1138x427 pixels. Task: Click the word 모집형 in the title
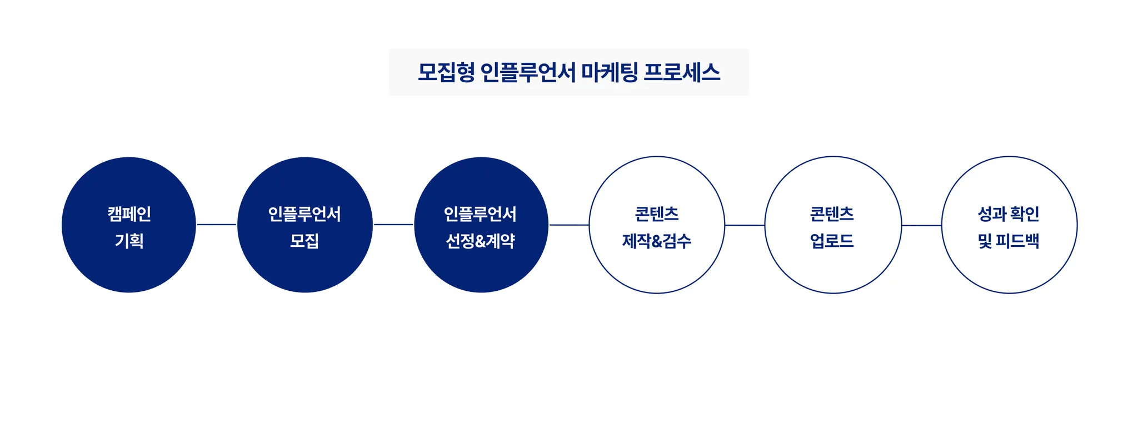(x=446, y=72)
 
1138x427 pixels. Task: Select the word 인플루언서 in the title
(x=527, y=72)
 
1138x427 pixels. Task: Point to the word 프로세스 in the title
(x=681, y=72)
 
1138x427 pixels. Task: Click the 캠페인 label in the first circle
(x=129, y=214)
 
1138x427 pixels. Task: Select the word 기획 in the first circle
(x=129, y=241)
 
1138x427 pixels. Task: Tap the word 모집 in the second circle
(x=305, y=241)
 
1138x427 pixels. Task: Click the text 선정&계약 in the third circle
(x=481, y=241)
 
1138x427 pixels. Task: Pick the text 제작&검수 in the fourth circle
(x=656, y=241)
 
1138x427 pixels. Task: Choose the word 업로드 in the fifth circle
(x=832, y=241)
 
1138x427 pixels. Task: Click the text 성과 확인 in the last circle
(x=1009, y=214)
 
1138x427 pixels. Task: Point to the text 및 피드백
(x=1009, y=241)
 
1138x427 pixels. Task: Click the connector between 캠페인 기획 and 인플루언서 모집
(x=217, y=225)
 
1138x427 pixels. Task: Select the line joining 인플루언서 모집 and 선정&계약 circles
(x=393, y=225)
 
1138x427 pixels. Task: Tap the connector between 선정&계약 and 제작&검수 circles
(x=569, y=225)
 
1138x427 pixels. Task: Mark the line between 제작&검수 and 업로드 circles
(x=745, y=225)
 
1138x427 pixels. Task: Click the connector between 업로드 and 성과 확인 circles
(x=921, y=225)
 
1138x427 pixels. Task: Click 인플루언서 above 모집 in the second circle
(x=305, y=214)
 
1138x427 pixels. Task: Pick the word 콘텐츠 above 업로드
(x=832, y=214)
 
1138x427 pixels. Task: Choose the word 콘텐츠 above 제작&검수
(x=656, y=214)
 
